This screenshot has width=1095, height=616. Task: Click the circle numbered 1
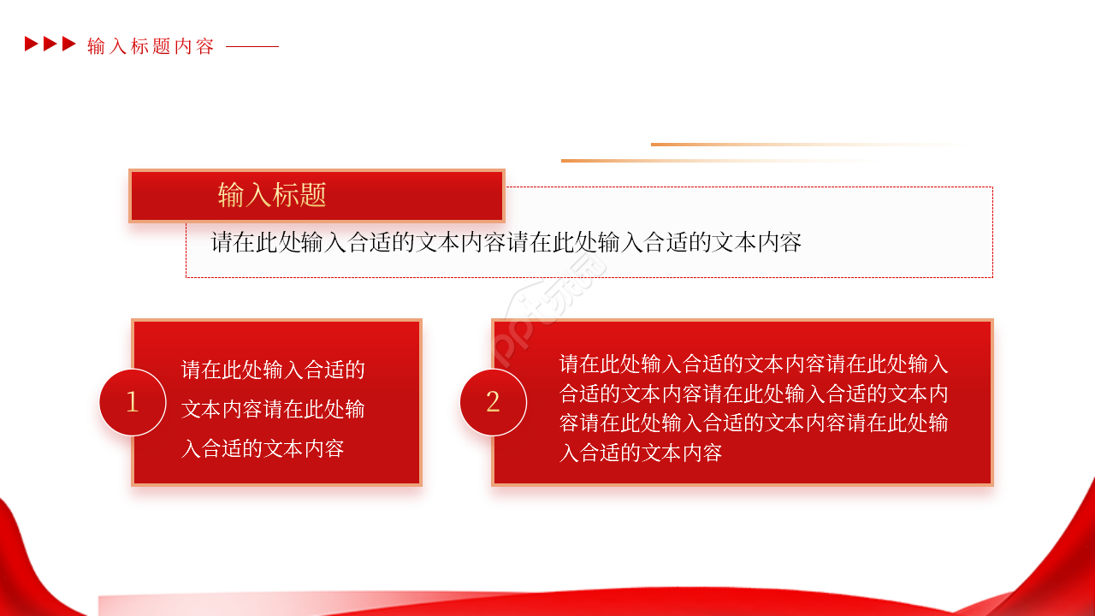(x=133, y=402)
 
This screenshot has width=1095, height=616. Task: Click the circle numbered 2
(x=493, y=402)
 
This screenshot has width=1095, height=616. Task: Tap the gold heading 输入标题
(x=272, y=195)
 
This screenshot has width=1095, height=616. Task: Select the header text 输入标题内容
(x=151, y=46)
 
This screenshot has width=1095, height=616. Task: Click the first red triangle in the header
(x=32, y=44)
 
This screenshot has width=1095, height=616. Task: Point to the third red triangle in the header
(x=69, y=44)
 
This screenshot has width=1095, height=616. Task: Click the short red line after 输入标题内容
(x=252, y=46)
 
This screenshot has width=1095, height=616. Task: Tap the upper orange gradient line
(x=770, y=145)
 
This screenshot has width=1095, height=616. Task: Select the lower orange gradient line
(x=684, y=160)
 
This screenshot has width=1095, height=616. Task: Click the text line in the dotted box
(x=506, y=242)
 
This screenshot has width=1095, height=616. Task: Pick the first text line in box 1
(x=273, y=370)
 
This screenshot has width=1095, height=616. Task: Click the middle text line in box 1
(x=273, y=409)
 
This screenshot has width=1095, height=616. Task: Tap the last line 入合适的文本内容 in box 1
(x=263, y=448)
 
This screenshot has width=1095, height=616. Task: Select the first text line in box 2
(x=754, y=364)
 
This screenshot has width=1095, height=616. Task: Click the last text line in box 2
(x=641, y=453)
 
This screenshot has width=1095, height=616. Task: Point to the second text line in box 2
(x=754, y=394)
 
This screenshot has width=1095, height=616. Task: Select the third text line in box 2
(x=754, y=423)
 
